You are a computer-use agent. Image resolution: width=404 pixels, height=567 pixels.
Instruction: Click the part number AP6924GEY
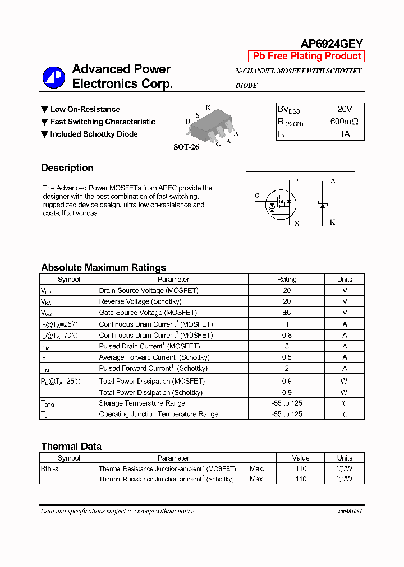(x=332, y=43)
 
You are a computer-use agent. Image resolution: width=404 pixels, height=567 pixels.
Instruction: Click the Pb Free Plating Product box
(x=306, y=56)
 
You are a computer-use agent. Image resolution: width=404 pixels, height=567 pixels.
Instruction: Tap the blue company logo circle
(x=54, y=78)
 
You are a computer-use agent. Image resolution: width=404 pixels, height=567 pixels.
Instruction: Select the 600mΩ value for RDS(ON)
(x=344, y=122)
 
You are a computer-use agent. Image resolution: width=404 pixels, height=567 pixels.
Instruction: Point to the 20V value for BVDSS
(x=345, y=109)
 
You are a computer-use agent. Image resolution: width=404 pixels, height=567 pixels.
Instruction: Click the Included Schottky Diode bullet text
(x=94, y=134)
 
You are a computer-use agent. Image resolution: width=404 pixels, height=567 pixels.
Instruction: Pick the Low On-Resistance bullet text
(x=85, y=109)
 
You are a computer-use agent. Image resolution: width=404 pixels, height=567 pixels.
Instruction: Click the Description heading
(x=67, y=168)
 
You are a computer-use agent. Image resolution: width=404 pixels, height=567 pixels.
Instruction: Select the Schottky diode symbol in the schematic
(x=323, y=205)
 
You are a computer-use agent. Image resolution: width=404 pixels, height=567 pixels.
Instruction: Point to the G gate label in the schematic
(x=257, y=196)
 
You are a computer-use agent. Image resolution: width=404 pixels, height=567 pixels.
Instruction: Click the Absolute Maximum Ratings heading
(x=103, y=267)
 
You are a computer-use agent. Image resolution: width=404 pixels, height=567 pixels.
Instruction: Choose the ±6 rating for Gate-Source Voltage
(x=287, y=313)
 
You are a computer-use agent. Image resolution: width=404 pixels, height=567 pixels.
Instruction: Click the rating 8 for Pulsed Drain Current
(x=287, y=346)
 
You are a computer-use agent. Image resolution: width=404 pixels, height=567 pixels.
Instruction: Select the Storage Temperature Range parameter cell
(x=142, y=403)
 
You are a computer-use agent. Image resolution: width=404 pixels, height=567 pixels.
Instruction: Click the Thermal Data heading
(x=71, y=447)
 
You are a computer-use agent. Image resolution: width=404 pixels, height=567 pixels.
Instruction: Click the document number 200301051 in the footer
(x=350, y=512)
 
